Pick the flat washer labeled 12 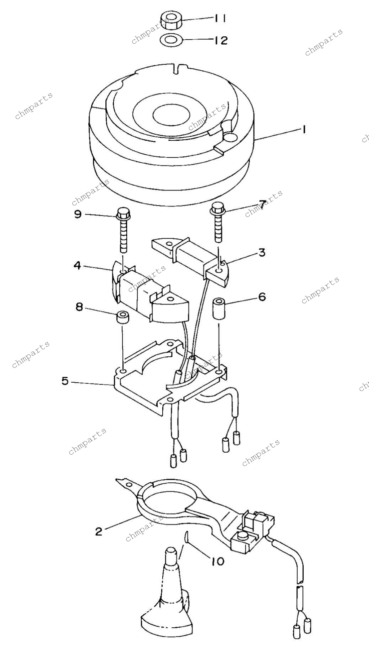click(171, 40)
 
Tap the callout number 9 click(77, 214)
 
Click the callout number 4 click(77, 265)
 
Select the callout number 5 click(65, 381)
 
